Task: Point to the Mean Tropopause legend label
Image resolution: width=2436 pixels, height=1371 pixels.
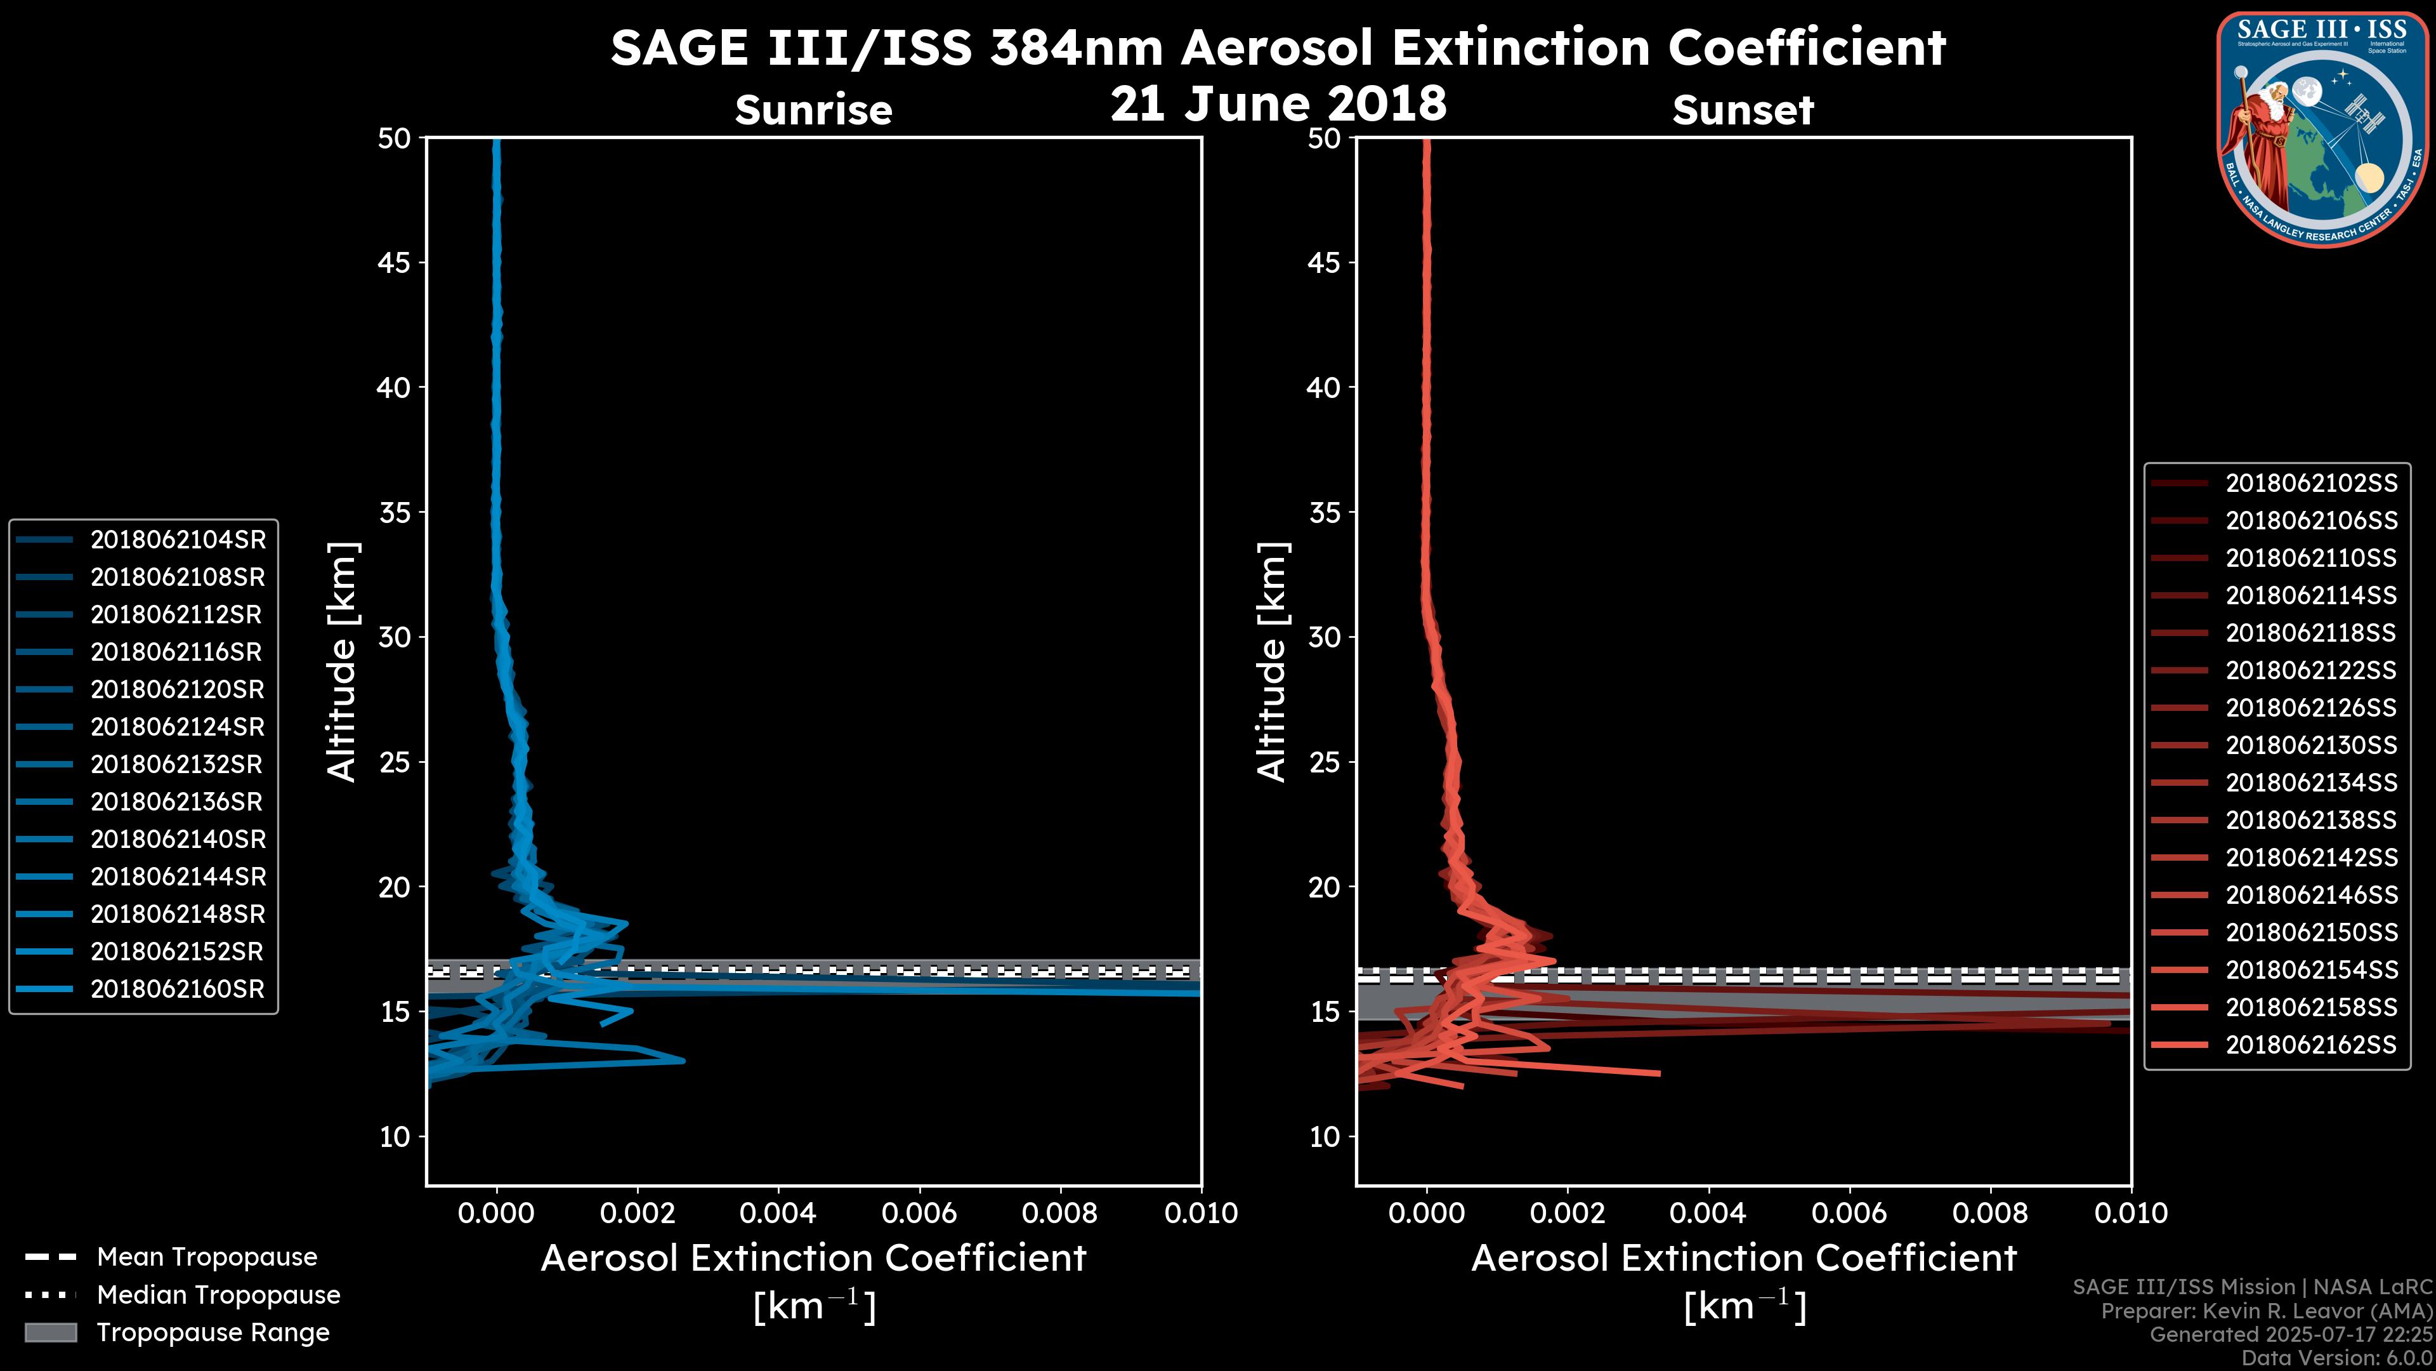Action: (x=207, y=1257)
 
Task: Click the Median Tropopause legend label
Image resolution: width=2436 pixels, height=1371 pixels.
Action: (x=218, y=1294)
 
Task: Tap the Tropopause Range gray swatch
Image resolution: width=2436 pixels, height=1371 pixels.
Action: (x=50, y=1332)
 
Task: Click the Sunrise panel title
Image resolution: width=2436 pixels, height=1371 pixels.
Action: (x=813, y=110)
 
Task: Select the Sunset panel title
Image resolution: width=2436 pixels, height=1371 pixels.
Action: (x=1743, y=110)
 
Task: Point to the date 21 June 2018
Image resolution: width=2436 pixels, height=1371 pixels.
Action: (x=1278, y=103)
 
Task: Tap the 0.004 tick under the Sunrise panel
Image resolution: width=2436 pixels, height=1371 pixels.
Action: (x=778, y=1213)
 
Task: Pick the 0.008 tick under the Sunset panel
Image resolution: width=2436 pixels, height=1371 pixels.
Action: (x=1991, y=1213)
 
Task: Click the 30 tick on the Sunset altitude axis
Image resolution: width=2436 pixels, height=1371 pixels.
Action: (x=1324, y=637)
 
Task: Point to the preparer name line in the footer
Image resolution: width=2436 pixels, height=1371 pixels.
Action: (x=2267, y=1311)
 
